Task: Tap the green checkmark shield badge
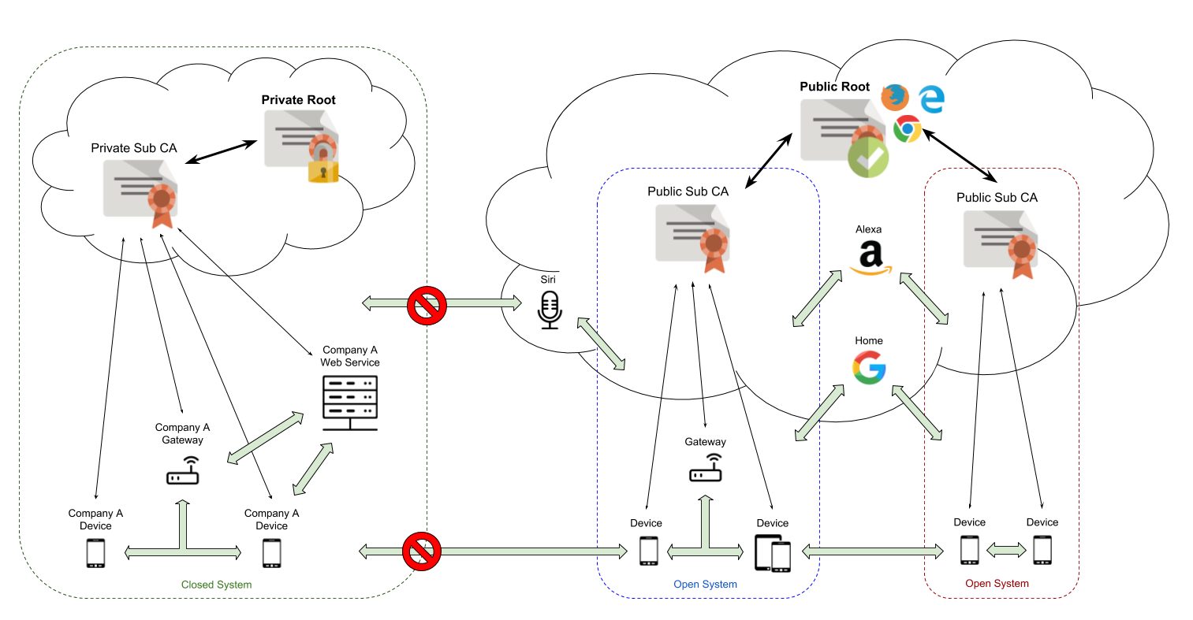click(868, 158)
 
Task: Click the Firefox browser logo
click(894, 97)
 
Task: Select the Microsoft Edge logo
click(932, 98)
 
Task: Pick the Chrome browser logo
click(908, 128)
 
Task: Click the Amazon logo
click(870, 259)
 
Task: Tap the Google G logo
click(869, 367)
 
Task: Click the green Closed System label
click(216, 585)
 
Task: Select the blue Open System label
click(705, 585)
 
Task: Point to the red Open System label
click(997, 584)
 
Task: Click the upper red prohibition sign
click(427, 305)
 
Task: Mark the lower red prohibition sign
click(421, 551)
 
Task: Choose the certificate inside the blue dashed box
click(692, 236)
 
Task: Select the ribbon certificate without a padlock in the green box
click(140, 191)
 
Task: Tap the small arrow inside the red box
click(1006, 550)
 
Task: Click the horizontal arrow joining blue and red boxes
click(872, 551)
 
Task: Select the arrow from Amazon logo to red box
click(923, 298)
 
